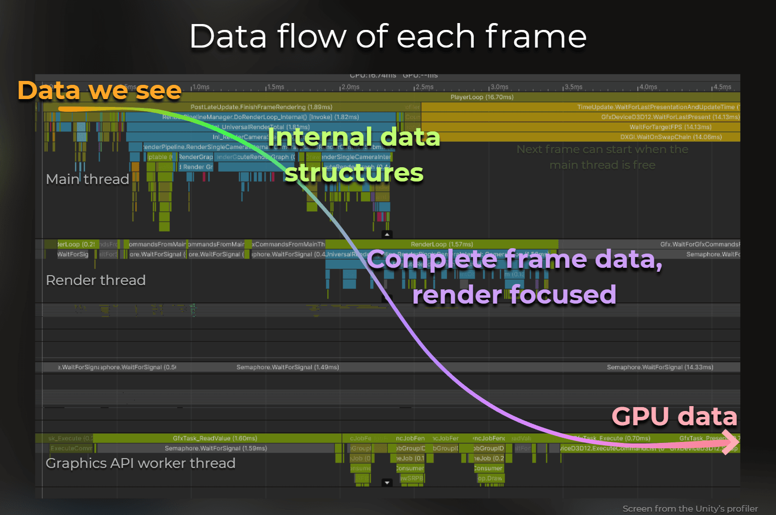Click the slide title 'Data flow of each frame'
point(388,36)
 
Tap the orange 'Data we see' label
point(100,90)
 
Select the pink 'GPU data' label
point(674,416)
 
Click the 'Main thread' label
point(87,179)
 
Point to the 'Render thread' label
point(96,280)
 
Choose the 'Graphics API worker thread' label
point(140,463)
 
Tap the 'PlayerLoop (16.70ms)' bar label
point(482,97)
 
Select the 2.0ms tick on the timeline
point(350,87)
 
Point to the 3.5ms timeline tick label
point(573,87)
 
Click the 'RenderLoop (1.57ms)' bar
point(441,244)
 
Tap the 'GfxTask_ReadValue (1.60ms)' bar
point(215,438)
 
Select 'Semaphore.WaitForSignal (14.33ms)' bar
point(660,367)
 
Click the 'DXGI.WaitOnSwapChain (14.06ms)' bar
point(671,137)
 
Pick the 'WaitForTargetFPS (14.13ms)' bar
point(670,127)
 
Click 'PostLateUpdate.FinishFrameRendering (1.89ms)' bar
point(261,107)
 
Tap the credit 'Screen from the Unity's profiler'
point(690,509)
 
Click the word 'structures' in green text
point(354,173)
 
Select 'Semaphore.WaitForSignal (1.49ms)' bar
point(287,367)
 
